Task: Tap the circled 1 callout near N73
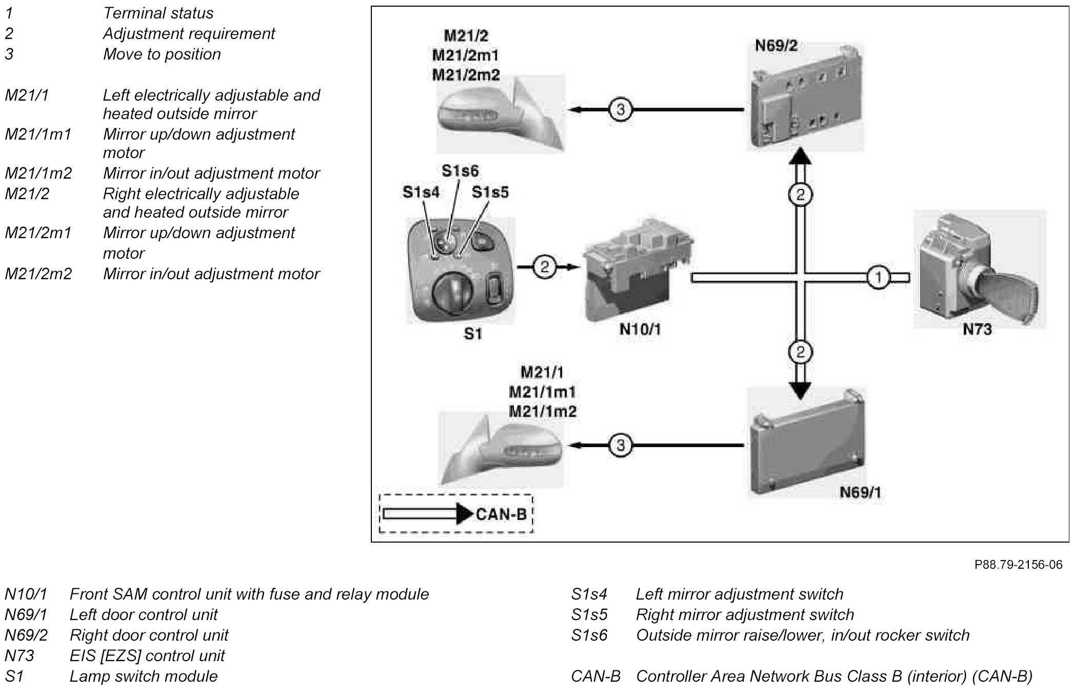click(x=878, y=278)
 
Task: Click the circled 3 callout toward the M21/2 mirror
click(x=621, y=109)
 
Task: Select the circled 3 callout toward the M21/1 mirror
click(x=621, y=445)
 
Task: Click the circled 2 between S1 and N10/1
click(x=544, y=266)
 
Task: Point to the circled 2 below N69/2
click(x=800, y=195)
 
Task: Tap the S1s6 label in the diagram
click(x=460, y=171)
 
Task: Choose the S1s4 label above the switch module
click(x=421, y=192)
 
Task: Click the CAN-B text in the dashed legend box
click(x=501, y=514)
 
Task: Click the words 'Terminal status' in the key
click(x=158, y=13)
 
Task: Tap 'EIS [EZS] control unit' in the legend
click(x=147, y=656)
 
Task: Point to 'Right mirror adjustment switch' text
click(x=745, y=614)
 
